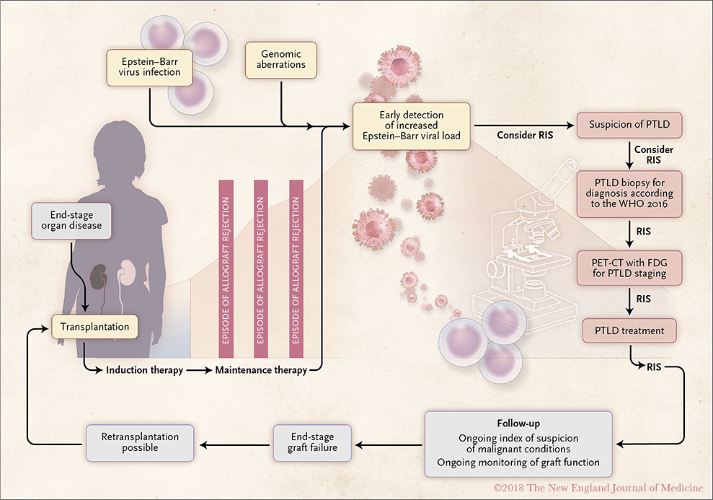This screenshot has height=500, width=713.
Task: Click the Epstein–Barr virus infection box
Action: tap(150, 67)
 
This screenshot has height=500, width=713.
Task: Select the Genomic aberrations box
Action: tap(281, 60)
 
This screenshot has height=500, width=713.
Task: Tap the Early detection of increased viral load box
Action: tap(412, 126)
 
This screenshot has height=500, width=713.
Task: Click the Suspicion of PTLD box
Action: tap(629, 125)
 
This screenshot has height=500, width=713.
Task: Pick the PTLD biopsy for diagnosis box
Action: tap(629, 194)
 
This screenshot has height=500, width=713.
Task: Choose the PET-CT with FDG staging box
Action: tap(629, 268)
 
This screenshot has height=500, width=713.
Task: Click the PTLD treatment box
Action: tap(629, 330)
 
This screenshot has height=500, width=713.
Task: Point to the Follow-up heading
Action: tap(518, 424)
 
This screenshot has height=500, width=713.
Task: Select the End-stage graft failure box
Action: tap(312, 443)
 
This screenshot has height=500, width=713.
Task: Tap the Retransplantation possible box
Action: tap(140, 443)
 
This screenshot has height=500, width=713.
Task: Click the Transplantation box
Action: tap(94, 327)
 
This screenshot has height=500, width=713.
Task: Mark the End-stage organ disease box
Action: tap(71, 221)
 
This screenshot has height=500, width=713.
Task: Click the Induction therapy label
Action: tap(145, 370)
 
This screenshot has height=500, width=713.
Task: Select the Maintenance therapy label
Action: tap(261, 370)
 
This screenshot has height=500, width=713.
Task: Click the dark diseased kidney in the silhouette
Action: tap(98, 276)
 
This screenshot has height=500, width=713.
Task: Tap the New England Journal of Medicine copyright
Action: tap(598, 488)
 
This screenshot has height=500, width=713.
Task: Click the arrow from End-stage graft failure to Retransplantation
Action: tap(234, 445)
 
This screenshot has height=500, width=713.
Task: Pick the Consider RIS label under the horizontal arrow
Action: tap(525, 135)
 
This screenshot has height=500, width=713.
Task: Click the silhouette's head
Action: tap(119, 150)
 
